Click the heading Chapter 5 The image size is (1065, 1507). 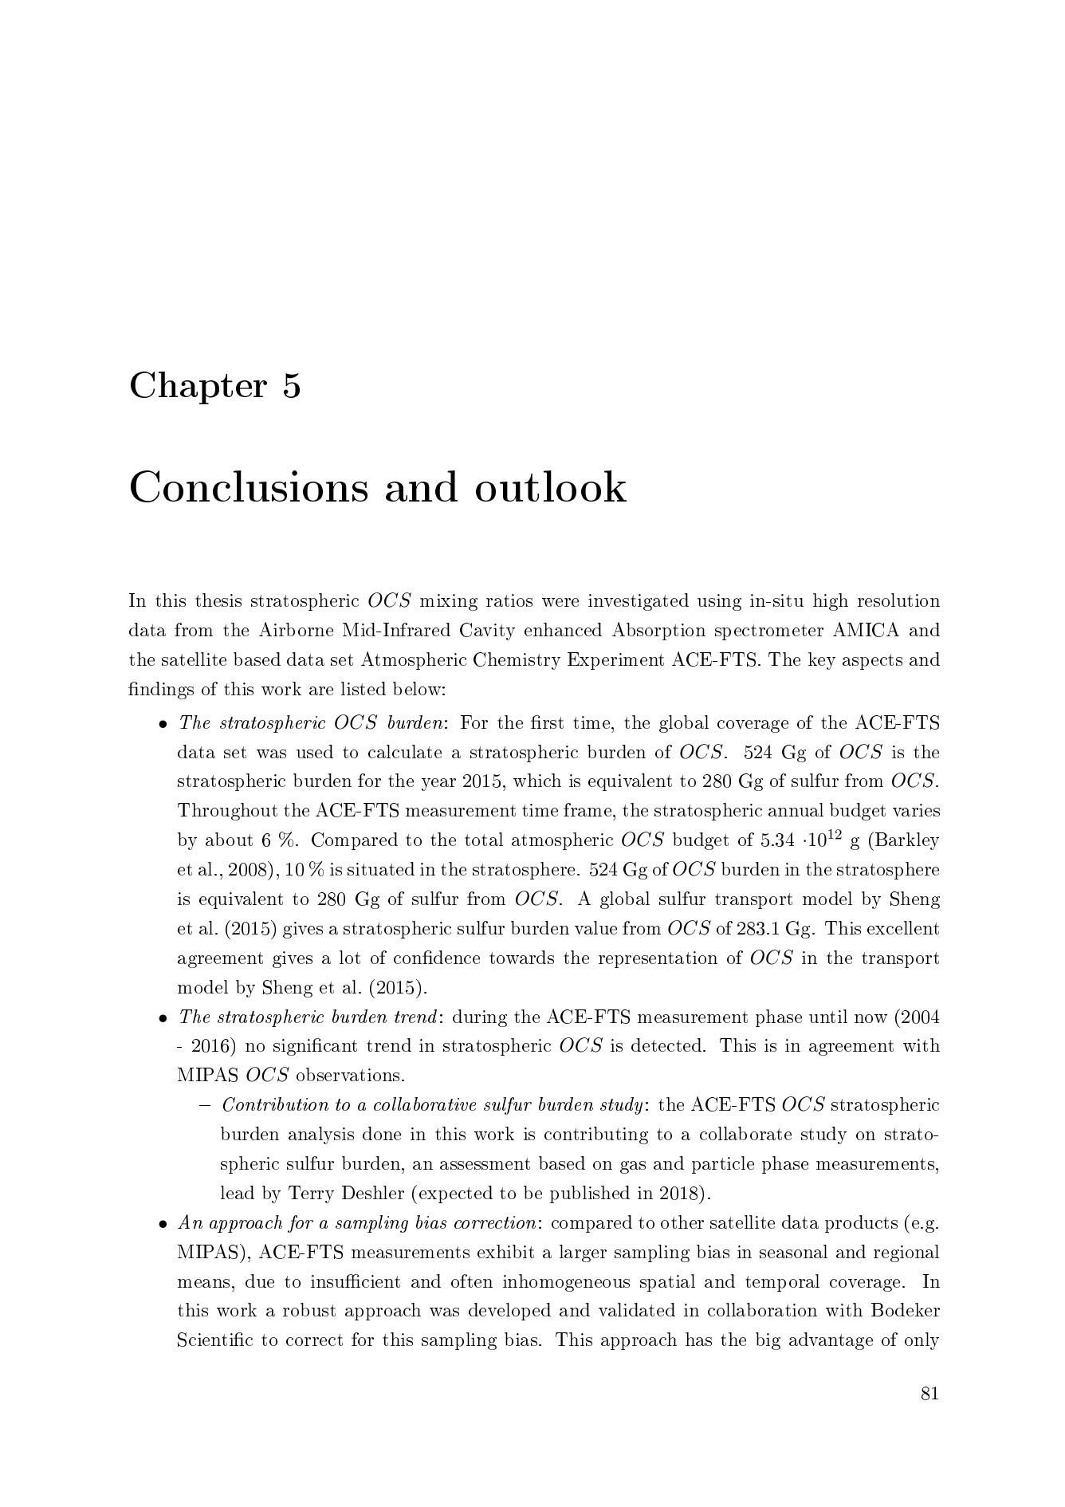click(x=215, y=387)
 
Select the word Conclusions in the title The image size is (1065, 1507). click(x=248, y=487)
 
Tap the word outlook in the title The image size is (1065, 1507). click(x=550, y=487)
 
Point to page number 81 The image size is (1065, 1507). click(x=929, y=1393)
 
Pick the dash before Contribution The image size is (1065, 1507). click(x=206, y=1105)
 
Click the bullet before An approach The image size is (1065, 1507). click(x=163, y=1224)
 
